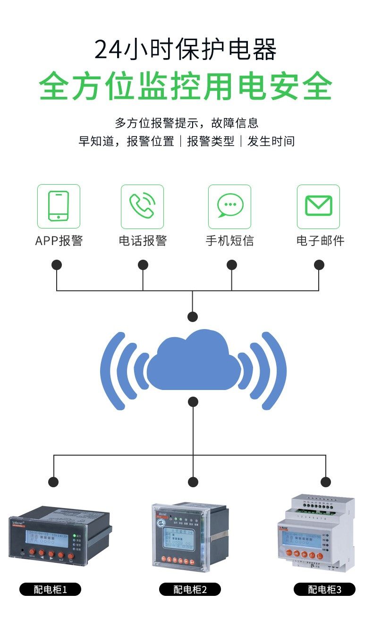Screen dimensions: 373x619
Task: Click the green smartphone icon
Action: pyautogui.click(x=59, y=206)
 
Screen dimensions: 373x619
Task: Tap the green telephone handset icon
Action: pyautogui.click(x=142, y=206)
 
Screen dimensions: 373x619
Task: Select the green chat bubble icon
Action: pyautogui.click(x=230, y=206)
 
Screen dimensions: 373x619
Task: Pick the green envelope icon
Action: pyautogui.click(x=318, y=206)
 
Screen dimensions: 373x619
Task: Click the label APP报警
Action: pyautogui.click(x=59, y=241)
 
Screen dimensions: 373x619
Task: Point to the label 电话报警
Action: pyautogui.click(x=143, y=241)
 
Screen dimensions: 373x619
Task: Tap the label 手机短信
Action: pyautogui.click(x=230, y=241)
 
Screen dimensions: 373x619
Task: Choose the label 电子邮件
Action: pyautogui.click(x=320, y=241)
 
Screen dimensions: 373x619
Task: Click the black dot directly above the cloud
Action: pyautogui.click(x=193, y=317)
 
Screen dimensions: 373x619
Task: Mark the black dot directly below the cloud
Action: pyautogui.click(x=193, y=402)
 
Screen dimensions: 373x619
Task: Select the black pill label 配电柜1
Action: pyautogui.click(x=51, y=589)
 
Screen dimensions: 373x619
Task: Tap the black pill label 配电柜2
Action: pyautogui.click(x=190, y=589)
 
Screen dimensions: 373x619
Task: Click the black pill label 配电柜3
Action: pyautogui.click(x=324, y=589)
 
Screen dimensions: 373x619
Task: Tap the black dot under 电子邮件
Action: pyautogui.click(x=319, y=265)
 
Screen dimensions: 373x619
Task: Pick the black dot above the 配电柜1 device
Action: pyautogui.click(x=54, y=482)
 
